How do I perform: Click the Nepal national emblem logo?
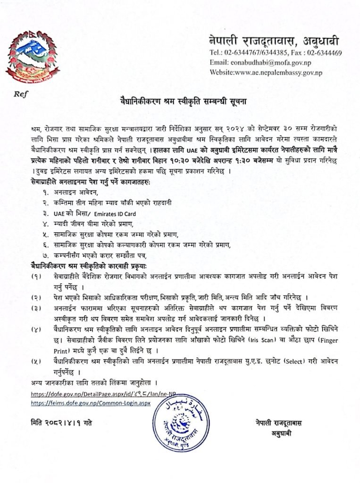(29, 57)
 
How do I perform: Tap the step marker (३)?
(35, 308)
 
